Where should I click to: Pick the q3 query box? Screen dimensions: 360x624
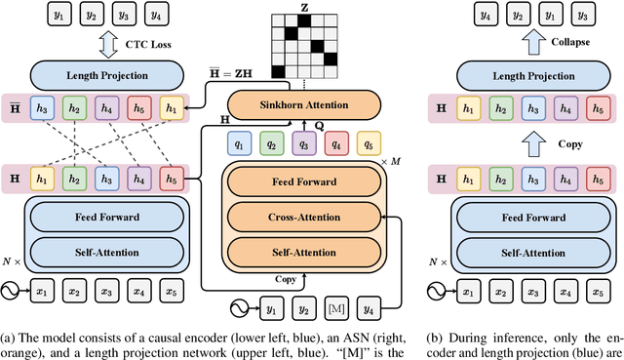coord(306,143)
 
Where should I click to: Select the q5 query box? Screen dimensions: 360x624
coord(369,143)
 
